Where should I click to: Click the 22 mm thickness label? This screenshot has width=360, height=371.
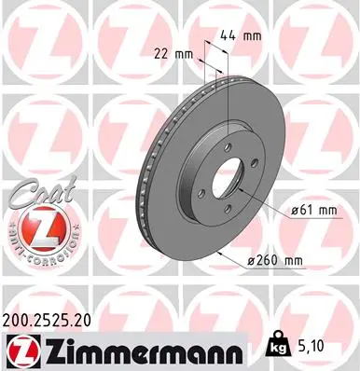173,54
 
